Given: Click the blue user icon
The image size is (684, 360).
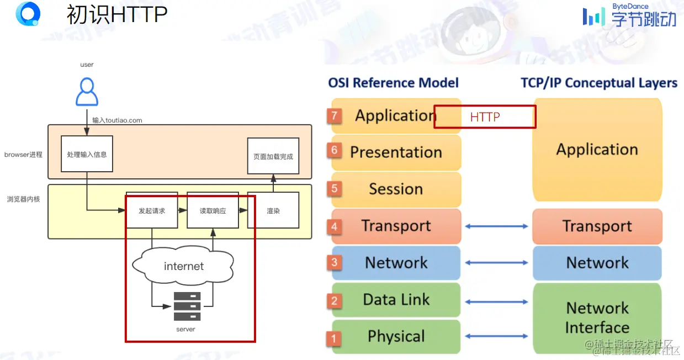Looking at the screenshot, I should coord(87,92).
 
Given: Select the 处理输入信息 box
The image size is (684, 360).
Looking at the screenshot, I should coord(87,153).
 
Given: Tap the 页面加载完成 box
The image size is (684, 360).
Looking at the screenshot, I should coord(273,156).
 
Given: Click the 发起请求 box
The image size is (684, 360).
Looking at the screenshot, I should coord(152,210).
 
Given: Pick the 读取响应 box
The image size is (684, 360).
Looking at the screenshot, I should coord(213,210).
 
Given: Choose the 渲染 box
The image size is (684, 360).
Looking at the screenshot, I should coord(273,210).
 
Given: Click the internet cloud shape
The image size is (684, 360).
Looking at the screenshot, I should coord(184,266).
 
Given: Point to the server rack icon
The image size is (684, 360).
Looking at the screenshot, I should coord(187,306).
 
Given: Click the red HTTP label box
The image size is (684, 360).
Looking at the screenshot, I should coord(485,117).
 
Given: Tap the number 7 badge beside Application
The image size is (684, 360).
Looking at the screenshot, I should coord(334,116).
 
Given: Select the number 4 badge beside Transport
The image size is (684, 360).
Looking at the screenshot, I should coord(334,226).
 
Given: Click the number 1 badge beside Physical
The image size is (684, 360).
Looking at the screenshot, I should coord(334,337).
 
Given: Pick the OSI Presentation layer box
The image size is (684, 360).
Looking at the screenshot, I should coord(396,152).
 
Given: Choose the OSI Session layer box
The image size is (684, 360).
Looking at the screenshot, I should coord(396,189).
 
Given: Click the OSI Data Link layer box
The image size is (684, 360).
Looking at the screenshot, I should coord(396,300).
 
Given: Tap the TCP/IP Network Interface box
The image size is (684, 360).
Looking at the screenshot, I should coord(597,317).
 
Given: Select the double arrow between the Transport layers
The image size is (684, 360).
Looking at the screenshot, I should coord(496,226).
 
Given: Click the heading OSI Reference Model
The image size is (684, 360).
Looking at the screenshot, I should coord(393,83).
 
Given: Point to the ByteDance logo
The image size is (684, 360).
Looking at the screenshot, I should coord(629,15).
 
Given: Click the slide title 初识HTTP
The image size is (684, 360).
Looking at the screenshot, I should coord(116,15).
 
